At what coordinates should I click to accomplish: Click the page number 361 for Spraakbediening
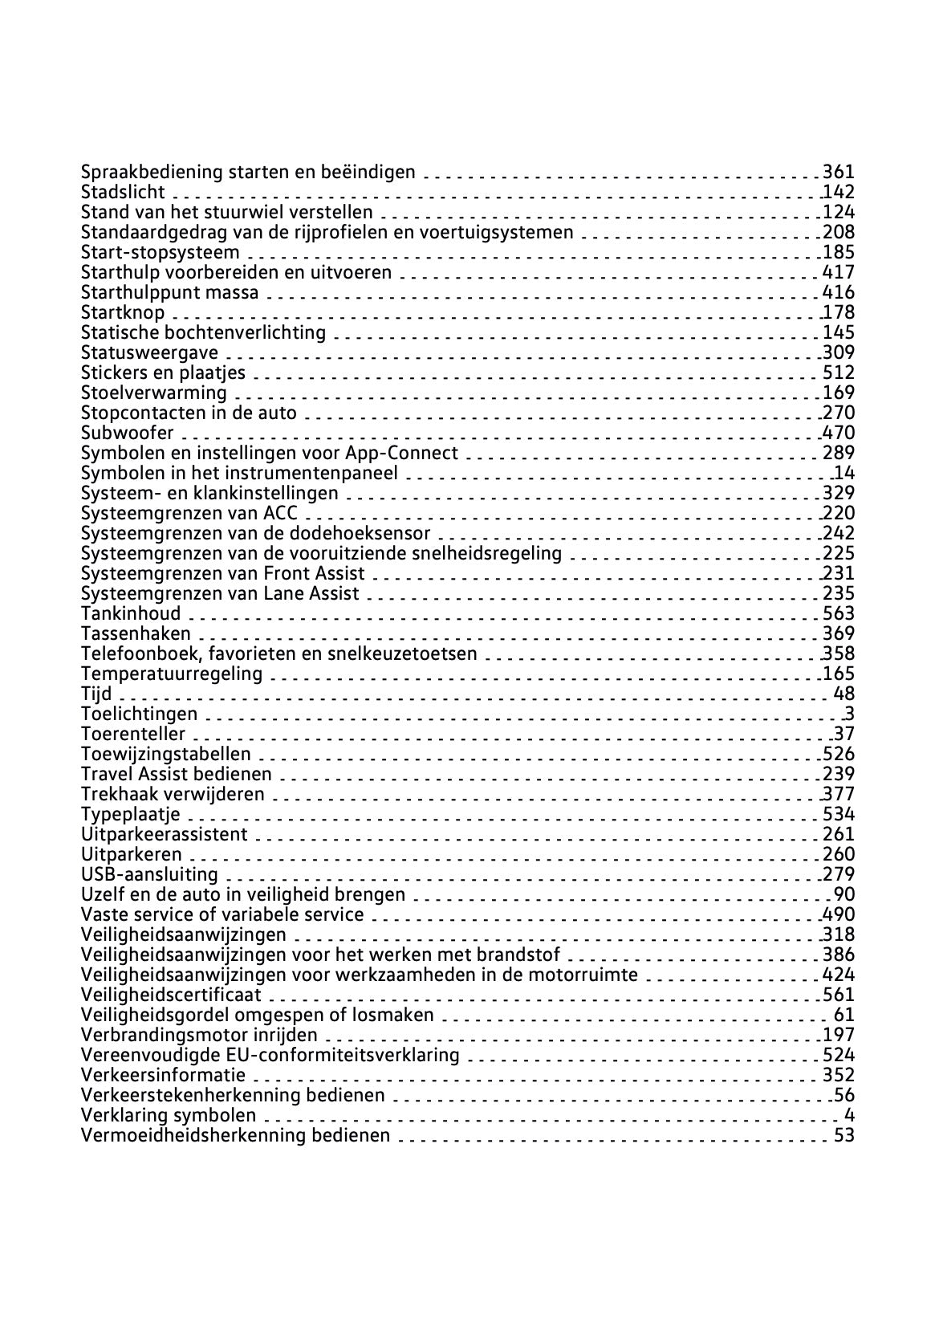[x=839, y=172]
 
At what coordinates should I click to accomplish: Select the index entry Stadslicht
[x=123, y=192]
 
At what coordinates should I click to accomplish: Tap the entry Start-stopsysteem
[x=160, y=252]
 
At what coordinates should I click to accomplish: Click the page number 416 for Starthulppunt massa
[x=839, y=292]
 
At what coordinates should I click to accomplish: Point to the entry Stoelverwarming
[x=153, y=393]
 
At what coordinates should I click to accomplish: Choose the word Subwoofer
[x=127, y=433]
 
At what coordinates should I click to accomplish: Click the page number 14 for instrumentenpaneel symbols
[x=844, y=473]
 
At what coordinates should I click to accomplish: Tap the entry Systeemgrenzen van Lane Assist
[x=220, y=593]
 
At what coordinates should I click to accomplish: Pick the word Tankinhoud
[x=131, y=613]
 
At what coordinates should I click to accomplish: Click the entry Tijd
[x=96, y=694]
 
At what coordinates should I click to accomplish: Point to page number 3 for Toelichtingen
[x=850, y=714]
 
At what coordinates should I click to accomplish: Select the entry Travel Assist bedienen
[x=176, y=774]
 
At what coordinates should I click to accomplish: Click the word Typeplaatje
[x=130, y=814]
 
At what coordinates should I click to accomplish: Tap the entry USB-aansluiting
[x=149, y=874]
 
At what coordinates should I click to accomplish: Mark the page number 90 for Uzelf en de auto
[x=844, y=894]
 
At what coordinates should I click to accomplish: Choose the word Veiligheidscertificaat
[x=171, y=995]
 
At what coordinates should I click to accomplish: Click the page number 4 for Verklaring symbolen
[x=850, y=1115]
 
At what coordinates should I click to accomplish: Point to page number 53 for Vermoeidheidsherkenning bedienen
[x=844, y=1135]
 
